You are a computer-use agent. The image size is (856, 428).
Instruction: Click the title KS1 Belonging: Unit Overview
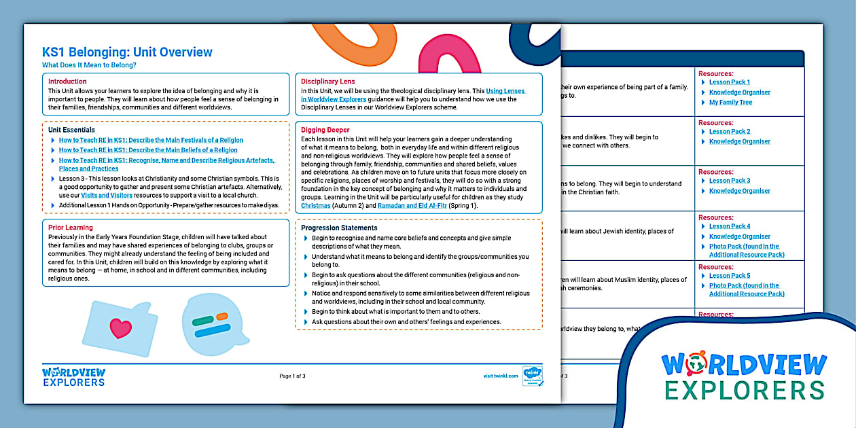coord(127,52)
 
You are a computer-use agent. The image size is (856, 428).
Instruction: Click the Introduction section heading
coord(67,82)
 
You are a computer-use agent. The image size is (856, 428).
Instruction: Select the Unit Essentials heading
coord(71,130)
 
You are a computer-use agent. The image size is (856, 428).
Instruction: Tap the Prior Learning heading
coord(71,228)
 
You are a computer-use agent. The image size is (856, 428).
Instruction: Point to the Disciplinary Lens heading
coord(327,82)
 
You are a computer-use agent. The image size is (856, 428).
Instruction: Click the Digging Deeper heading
coord(325,130)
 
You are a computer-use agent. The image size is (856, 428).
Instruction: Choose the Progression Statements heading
coord(339,228)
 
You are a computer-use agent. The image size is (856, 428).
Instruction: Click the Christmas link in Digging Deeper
coord(315,205)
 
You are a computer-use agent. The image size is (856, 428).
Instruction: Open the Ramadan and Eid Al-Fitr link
coord(402,205)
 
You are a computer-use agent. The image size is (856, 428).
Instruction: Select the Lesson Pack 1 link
coord(730,82)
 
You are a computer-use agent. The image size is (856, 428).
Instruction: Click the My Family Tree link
coord(730,103)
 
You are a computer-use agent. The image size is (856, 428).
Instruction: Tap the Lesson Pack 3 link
coord(730,181)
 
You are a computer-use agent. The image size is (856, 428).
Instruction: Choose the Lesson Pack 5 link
coord(730,276)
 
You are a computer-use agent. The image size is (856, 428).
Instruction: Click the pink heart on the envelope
coord(120,329)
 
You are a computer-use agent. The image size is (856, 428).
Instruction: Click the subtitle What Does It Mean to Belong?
coord(89,65)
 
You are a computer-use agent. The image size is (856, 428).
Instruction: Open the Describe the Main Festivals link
coord(151,140)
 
